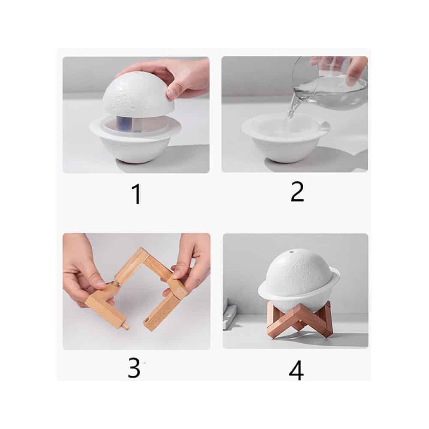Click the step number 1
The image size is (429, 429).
136,194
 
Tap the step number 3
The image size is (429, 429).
134,368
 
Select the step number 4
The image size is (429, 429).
296,370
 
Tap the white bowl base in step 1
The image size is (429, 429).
136,142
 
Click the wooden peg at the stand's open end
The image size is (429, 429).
126,326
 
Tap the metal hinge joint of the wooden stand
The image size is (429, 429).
116,284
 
